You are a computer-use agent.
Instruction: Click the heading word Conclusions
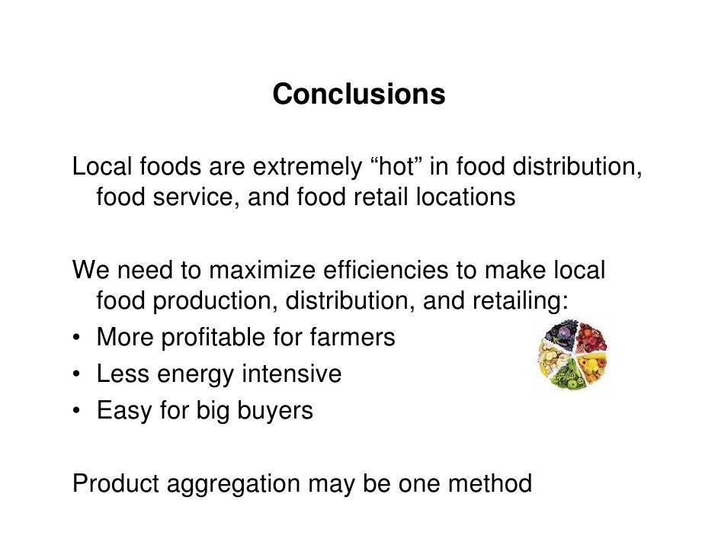coord(358,95)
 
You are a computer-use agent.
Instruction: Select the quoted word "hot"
coord(397,164)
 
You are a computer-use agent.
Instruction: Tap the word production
coord(213,303)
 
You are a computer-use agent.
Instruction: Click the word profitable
coord(218,337)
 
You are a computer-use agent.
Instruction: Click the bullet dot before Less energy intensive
coord(78,375)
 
